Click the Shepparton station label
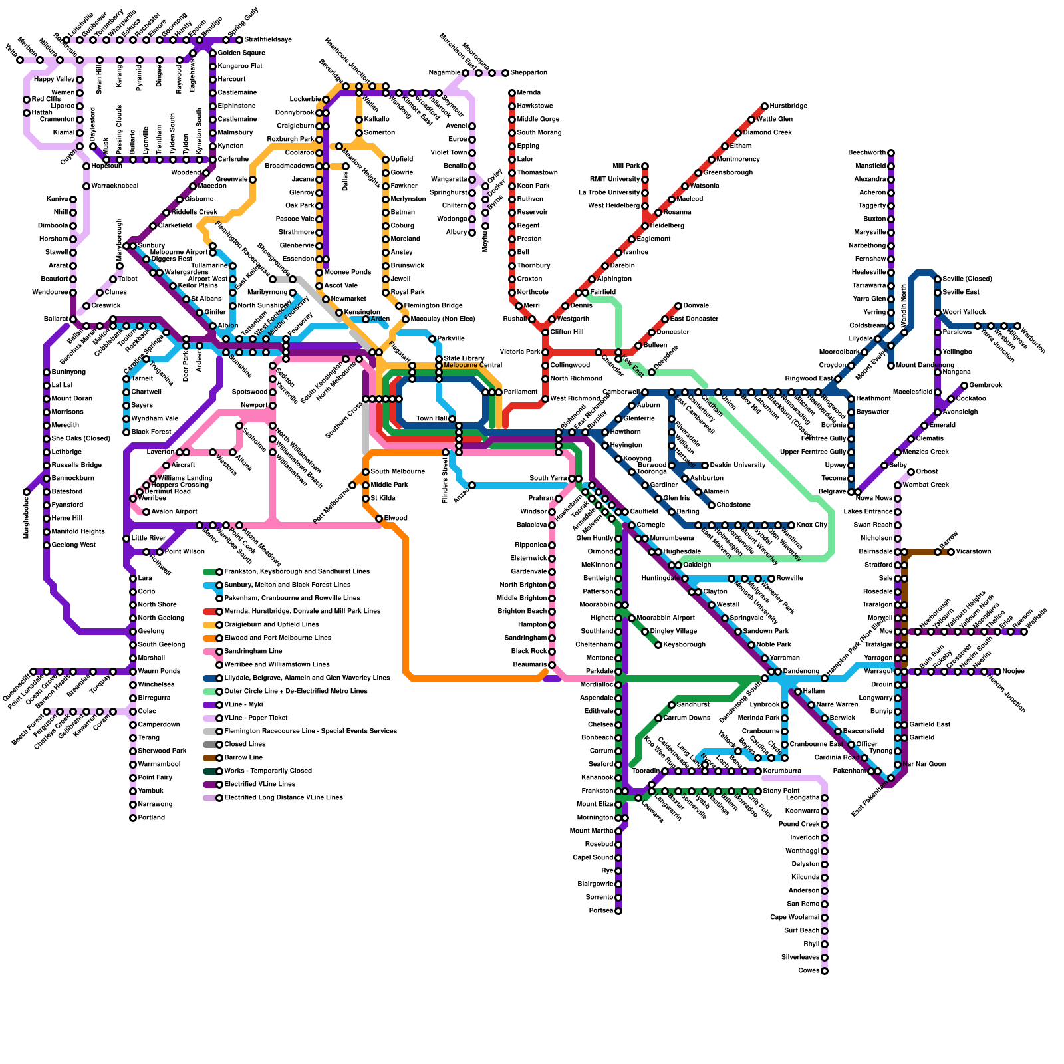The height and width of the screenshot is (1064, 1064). (529, 72)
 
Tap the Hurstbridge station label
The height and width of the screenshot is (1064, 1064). (789, 106)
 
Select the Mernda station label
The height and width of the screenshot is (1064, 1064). (529, 92)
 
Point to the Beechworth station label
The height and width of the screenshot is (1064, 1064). (867, 152)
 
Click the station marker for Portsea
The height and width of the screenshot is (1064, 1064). (618, 911)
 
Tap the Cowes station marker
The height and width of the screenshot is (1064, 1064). (825, 971)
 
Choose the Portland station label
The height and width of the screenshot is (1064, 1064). (152, 817)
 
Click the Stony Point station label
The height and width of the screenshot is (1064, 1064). (781, 791)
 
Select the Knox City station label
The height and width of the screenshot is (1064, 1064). (811, 525)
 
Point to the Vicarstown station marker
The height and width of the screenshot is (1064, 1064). (951, 552)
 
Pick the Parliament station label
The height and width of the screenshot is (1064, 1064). (521, 392)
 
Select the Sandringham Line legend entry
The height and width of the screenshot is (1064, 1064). (253, 651)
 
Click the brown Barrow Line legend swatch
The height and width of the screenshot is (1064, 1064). (211, 757)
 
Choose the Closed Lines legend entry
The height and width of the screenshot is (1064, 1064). (245, 744)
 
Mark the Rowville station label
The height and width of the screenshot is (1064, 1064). (790, 578)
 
